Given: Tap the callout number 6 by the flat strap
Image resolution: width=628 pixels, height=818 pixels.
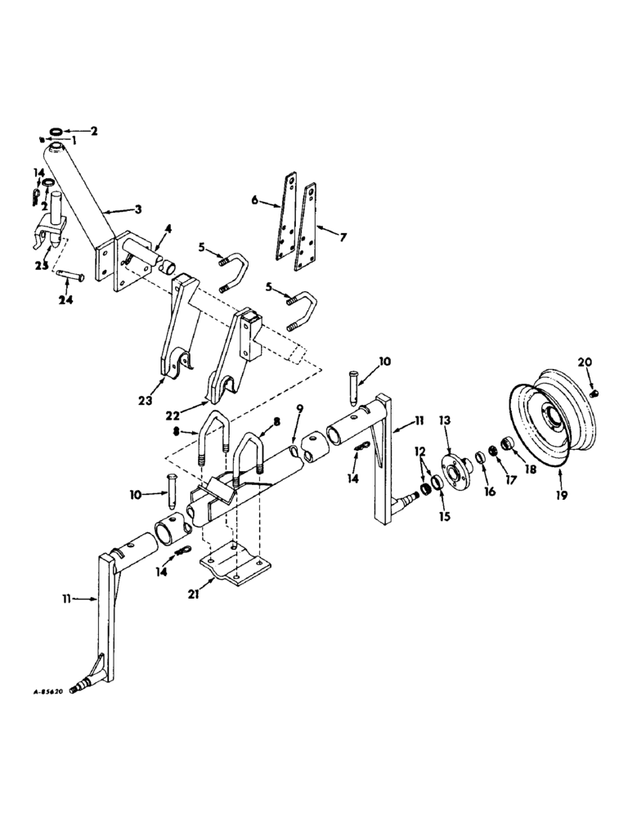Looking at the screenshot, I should click(x=254, y=199).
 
